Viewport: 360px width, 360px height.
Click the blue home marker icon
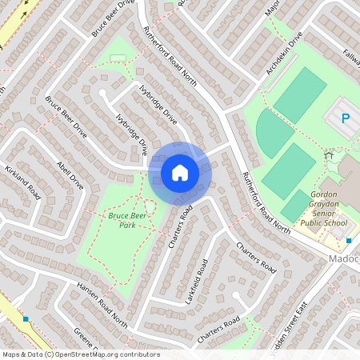click(x=179, y=173)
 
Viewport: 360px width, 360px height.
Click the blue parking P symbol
click(x=346, y=118)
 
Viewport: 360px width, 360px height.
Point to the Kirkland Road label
click(x=23, y=183)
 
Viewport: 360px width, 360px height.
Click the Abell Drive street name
click(x=70, y=171)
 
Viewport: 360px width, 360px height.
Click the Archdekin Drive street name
click(x=285, y=54)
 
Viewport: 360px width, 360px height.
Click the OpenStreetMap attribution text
click(x=81, y=354)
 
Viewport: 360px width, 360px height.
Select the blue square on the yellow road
click(x=26, y=319)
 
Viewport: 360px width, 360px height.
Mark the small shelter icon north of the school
click(x=328, y=155)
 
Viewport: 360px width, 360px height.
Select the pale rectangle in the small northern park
click(x=118, y=58)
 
